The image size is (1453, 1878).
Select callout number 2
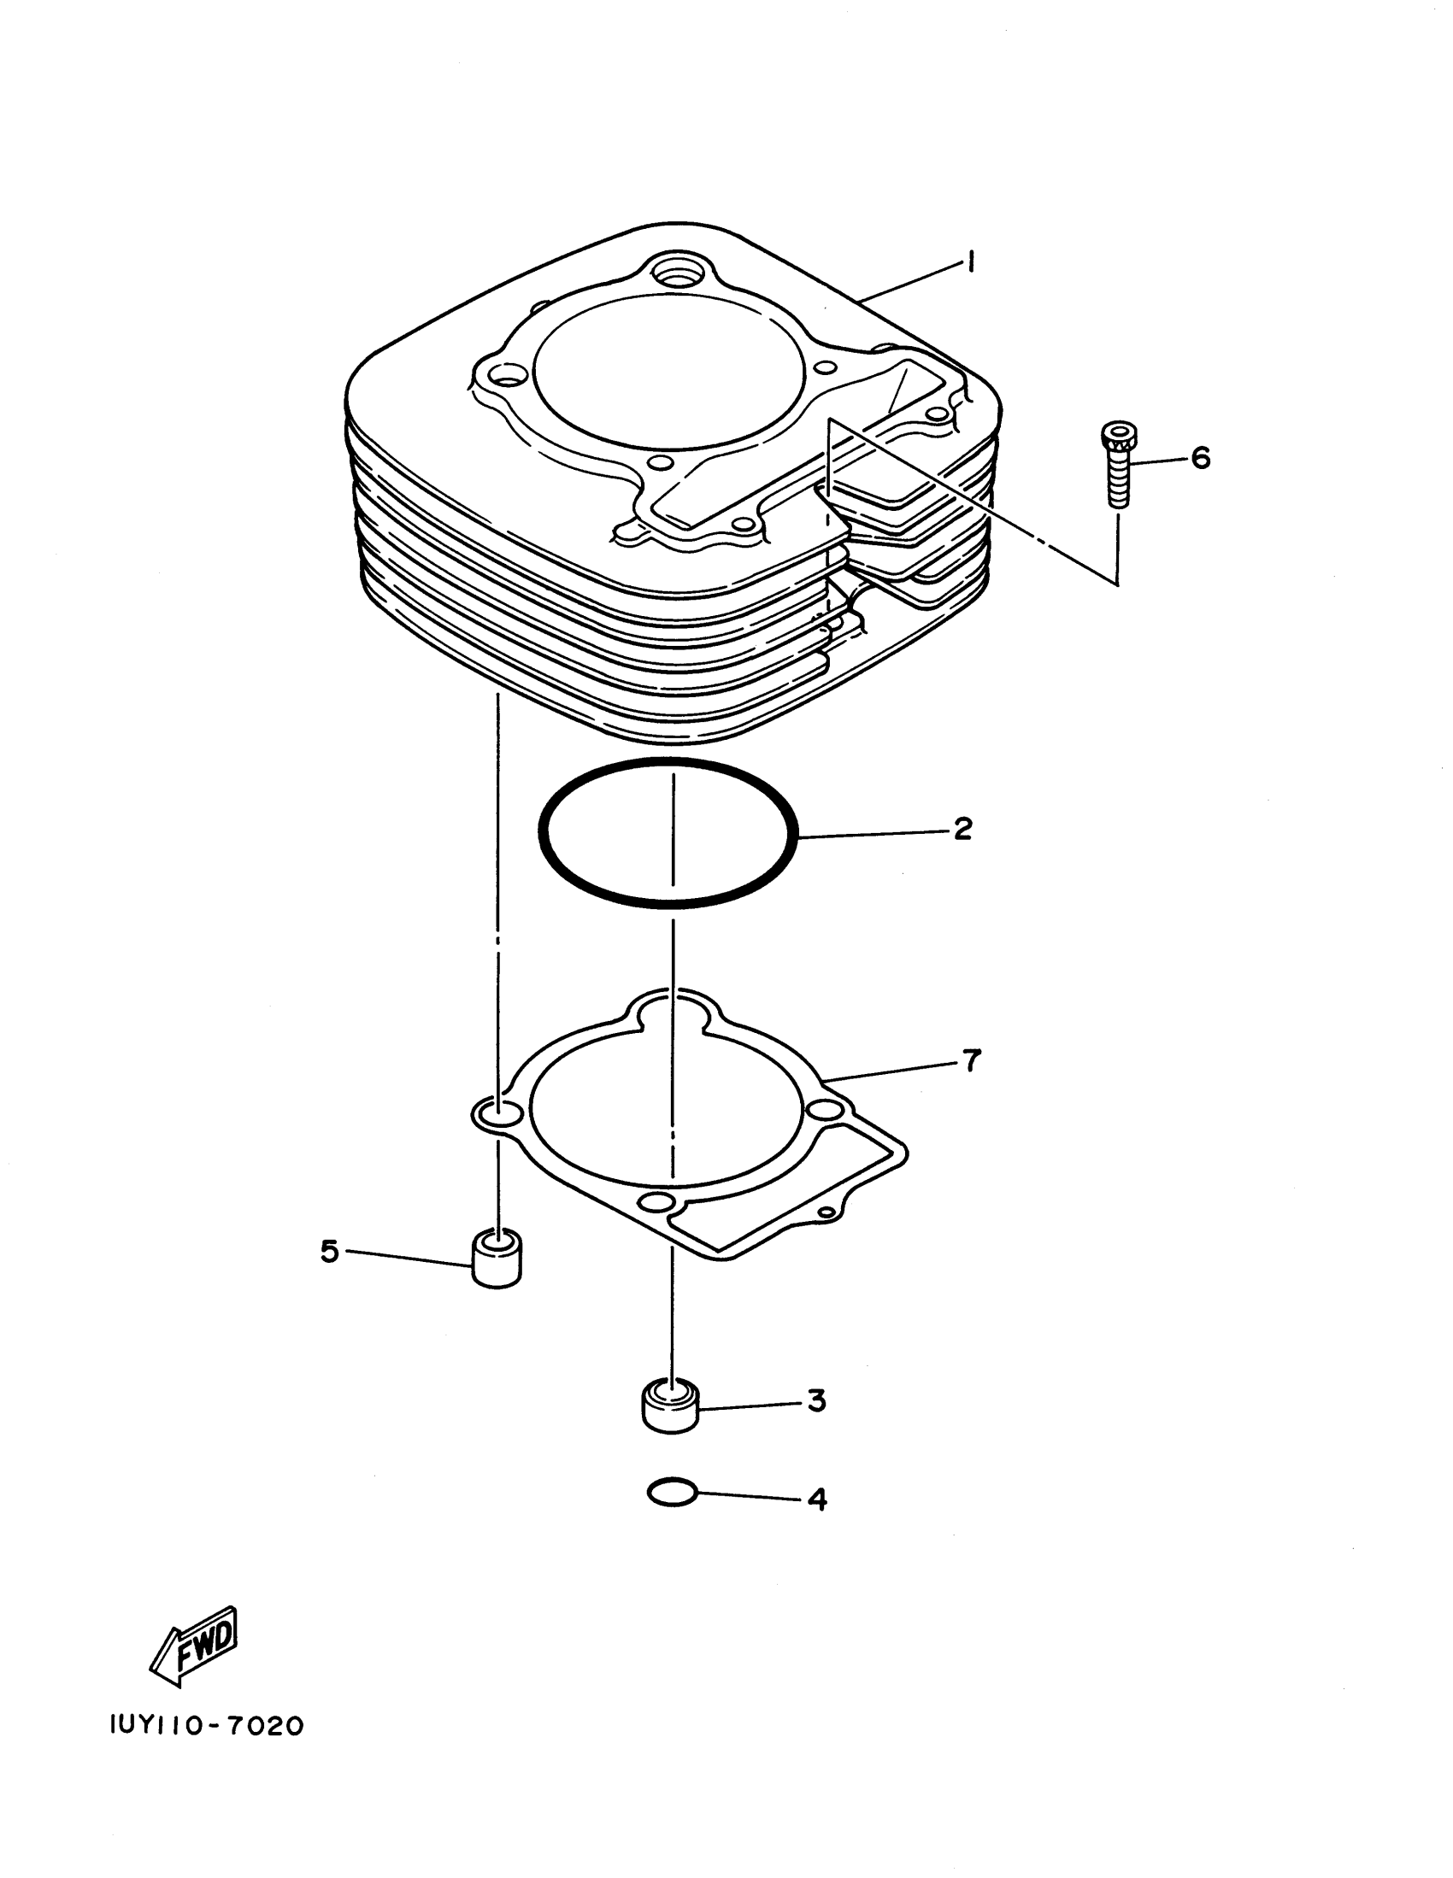[x=962, y=830]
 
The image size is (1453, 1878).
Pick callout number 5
[x=329, y=1251]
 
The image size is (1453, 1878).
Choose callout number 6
[x=1200, y=457]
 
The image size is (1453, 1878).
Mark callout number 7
[x=971, y=1061]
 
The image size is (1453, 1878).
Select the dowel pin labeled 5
[x=497, y=1259]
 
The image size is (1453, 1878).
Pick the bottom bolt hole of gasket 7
[x=655, y=1202]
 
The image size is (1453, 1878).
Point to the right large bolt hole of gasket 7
[x=823, y=1110]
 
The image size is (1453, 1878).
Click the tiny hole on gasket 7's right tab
[x=827, y=1212]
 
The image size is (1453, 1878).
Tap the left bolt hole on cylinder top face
[x=509, y=376]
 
